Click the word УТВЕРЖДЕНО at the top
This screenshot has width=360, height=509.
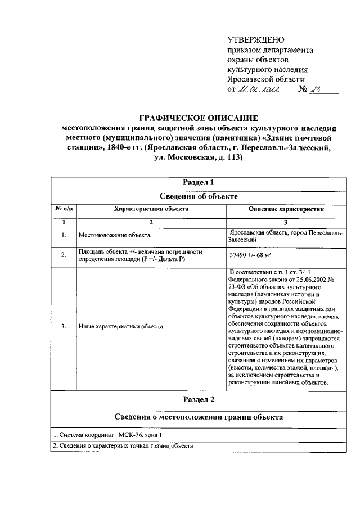pyautogui.click(x=256, y=40)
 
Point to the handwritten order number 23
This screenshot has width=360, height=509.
pyautogui.click(x=314, y=89)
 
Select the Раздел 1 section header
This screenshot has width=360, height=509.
pyautogui.click(x=199, y=183)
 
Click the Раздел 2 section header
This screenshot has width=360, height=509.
pyautogui.click(x=199, y=400)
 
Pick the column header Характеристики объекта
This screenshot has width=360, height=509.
pyautogui.click(x=151, y=209)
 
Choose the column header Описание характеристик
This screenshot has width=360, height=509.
pyautogui.click(x=286, y=209)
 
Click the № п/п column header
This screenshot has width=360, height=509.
pyautogui.click(x=63, y=209)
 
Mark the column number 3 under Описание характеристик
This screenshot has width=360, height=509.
pyautogui.click(x=286, y=222)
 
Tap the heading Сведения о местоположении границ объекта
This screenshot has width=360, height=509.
pyautogui.click(x=199, y=417)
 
